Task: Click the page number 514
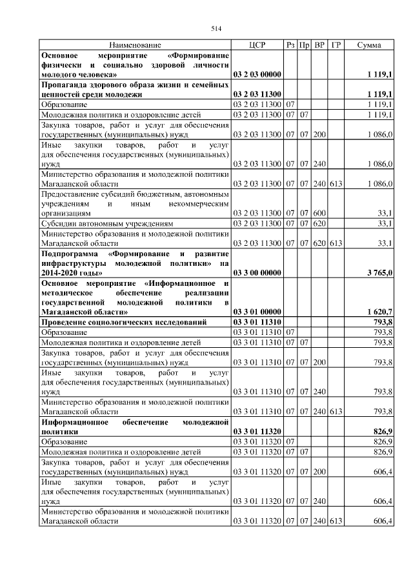[216, 28]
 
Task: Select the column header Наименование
[136, 45]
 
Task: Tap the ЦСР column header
[257, 45]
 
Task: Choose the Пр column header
[305, 45]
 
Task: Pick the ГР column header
[336, 45]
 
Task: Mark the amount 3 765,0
[380, 273]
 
